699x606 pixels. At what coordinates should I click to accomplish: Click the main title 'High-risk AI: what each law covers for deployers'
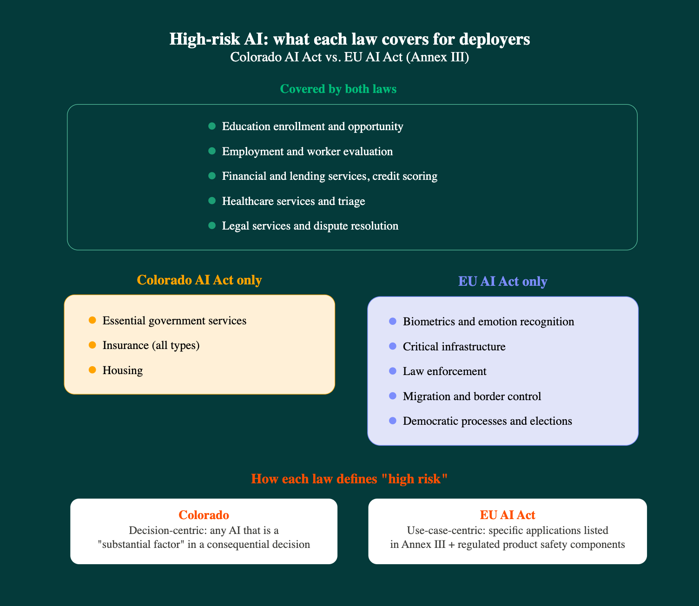coord(349,40)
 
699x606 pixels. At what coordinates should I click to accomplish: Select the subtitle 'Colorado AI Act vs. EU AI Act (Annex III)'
coord(349,58)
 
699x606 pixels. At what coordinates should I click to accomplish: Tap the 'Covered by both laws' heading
coord(338,89)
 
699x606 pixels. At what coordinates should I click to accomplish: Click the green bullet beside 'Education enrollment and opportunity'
coord(212,126)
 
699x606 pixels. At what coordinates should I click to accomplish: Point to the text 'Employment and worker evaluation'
coord(307,151)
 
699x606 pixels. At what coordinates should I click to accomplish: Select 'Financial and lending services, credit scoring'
coord(330,176)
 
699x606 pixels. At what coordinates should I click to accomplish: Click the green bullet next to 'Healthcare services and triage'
coord(212,201)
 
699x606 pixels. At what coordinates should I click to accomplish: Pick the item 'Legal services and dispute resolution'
coord(310,226)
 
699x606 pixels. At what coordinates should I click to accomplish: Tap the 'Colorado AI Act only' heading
coord(199,280)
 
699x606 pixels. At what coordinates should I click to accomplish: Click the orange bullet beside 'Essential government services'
coord(92,320)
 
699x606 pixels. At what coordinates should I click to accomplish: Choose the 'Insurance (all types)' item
coord(151,345)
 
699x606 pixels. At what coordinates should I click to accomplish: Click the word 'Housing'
coord(123,370)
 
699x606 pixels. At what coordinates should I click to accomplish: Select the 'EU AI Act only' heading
coord(502,282)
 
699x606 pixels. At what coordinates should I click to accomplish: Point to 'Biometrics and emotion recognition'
coord(488,322)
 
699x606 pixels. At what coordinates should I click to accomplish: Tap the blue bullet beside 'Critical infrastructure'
coord(393,346)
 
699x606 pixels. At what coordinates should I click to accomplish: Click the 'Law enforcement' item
coord(445,371)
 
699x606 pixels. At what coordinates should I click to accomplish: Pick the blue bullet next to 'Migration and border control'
coord(393,396)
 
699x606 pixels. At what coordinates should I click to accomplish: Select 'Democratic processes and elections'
coord(488,421)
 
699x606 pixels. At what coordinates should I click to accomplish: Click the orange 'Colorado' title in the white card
coord(204,515)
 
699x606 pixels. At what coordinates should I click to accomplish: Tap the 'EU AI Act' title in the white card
coord(508,515)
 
